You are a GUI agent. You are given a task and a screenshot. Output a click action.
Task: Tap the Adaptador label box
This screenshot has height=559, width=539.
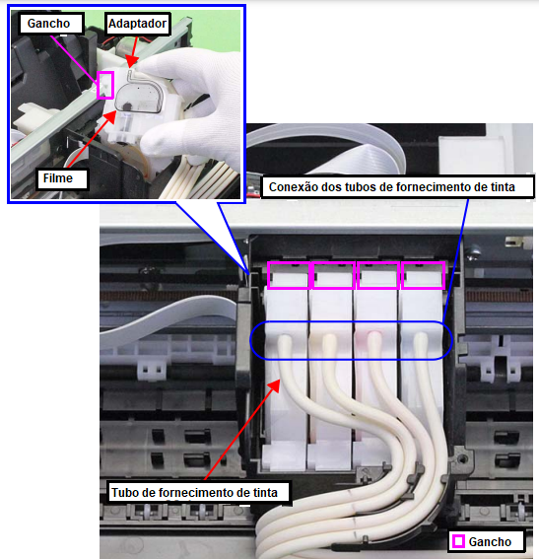[x=138, y=24]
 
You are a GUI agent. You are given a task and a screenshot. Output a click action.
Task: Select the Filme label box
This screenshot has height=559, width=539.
[x=62, y=178]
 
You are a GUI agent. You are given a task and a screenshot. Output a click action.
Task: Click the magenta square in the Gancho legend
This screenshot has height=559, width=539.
[x=458, y=541]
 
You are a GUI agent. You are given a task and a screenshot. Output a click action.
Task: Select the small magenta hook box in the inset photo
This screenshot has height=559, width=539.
[x=105, y=85]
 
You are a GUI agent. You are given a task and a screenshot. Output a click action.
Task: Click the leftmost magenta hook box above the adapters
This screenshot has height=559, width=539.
[x=290, y=275]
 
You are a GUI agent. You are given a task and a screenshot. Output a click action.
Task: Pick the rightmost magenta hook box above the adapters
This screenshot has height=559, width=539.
[x=423, y=275]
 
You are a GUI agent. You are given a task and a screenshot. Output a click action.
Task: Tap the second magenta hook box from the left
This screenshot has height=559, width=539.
[x=333, y=275]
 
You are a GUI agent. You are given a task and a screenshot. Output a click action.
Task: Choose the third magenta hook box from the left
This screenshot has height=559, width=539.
[x=378, y=275]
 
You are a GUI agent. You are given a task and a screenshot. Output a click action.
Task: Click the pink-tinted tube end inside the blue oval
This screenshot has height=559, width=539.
[x=374, y=341]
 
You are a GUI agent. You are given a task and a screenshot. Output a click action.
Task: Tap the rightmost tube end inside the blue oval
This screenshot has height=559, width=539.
[x=421, y=341]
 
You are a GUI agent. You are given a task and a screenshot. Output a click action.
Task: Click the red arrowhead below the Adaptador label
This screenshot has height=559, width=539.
[x=131, y=64]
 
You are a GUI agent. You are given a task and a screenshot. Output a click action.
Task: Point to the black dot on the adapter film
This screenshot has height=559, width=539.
[x=127, y=106]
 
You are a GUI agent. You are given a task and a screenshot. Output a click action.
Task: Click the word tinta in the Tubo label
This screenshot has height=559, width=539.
[x=263, y=492]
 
